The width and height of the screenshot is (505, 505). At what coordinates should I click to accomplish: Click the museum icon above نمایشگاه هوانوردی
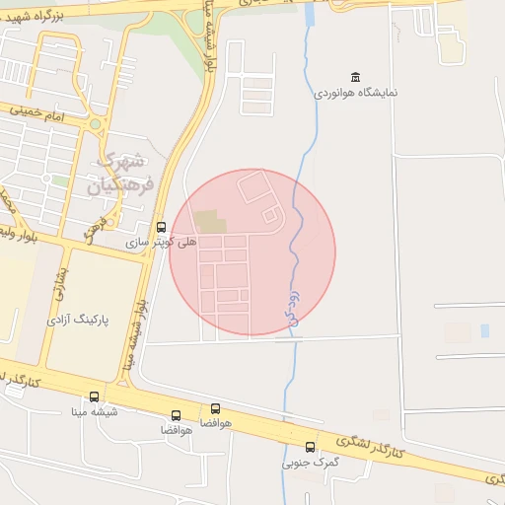[x=355, y=77]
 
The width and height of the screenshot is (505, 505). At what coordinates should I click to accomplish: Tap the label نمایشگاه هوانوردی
[x=356, y=93]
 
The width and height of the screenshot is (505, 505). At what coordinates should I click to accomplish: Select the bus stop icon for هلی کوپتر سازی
[x=162, y=227]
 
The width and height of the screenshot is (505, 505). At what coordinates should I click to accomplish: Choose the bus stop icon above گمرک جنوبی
[x=311, y=447]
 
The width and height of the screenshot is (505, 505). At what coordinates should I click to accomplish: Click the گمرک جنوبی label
[x=311, y=462]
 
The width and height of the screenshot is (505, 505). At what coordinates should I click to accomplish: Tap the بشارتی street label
[x=62, y=282]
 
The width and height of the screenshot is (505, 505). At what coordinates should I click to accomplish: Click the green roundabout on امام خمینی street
[x=95, y=125]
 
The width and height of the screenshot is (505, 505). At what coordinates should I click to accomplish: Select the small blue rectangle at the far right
[x=485, y=331]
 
